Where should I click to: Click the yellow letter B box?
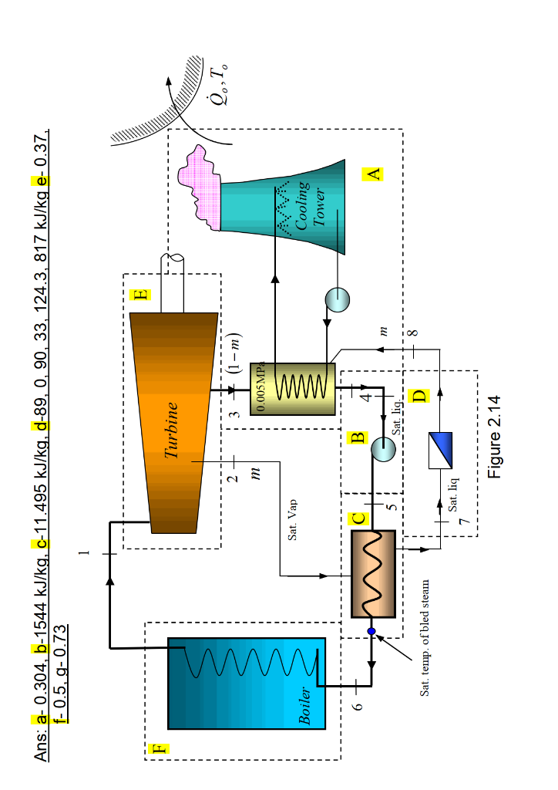[x=357, y=438]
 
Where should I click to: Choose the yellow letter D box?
[x=418, y=397]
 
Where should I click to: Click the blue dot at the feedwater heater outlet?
[x=371, y=631]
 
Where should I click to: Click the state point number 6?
[x=357, y=706]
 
